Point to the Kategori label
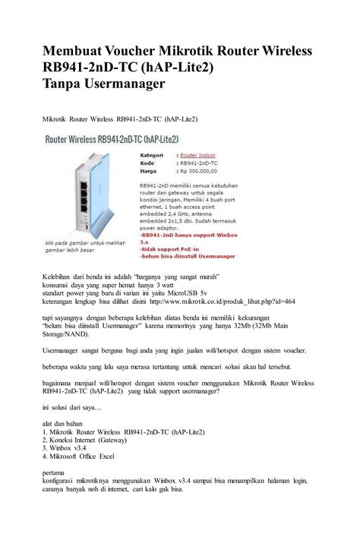[153, 153]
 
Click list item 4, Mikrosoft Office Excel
[78, 457]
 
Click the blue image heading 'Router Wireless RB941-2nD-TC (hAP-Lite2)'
[112, 139]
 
